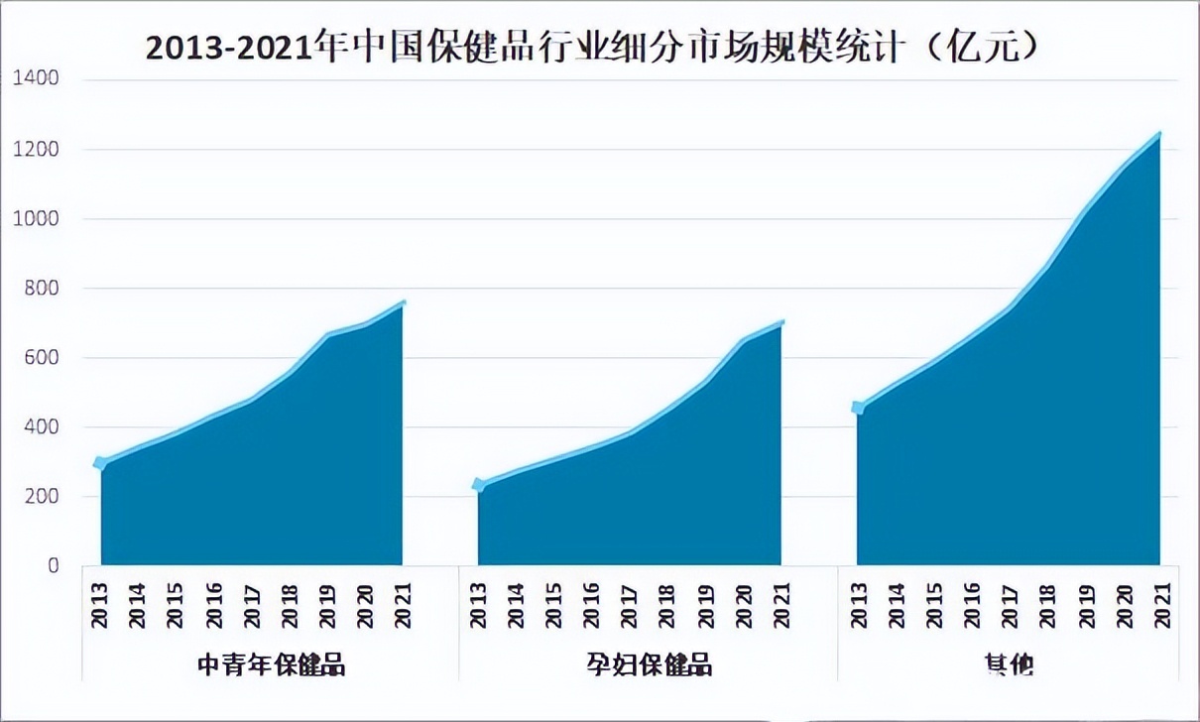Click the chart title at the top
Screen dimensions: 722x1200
click(x=593, y=46)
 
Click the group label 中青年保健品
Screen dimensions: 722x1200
click(x=272, y=663)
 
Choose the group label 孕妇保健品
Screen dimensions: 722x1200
click(x=649, y=663)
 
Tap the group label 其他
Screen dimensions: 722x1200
click(x=1009, y=663)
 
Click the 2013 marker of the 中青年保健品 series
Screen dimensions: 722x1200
click(x=100, y=463)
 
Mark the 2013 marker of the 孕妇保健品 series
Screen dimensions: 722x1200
click(x=479, y=485)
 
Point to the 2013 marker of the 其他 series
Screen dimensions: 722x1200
click(x=858, y=408)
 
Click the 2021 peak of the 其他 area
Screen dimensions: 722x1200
click(x=1158, y=134)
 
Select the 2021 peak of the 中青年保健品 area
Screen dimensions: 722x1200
click(x=403, y=302)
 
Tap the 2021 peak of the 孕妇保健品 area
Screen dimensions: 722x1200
click(x=781, y=322)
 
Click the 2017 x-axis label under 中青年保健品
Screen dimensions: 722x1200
click(x=251, y=604)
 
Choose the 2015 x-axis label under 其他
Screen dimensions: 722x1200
click(x=933, y=604)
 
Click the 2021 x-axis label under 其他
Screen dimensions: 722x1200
click(x=1161, y=604)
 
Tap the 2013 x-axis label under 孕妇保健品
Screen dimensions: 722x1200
click(x=478, y=604)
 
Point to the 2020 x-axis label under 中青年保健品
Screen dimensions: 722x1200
click(x=366, y=604)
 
